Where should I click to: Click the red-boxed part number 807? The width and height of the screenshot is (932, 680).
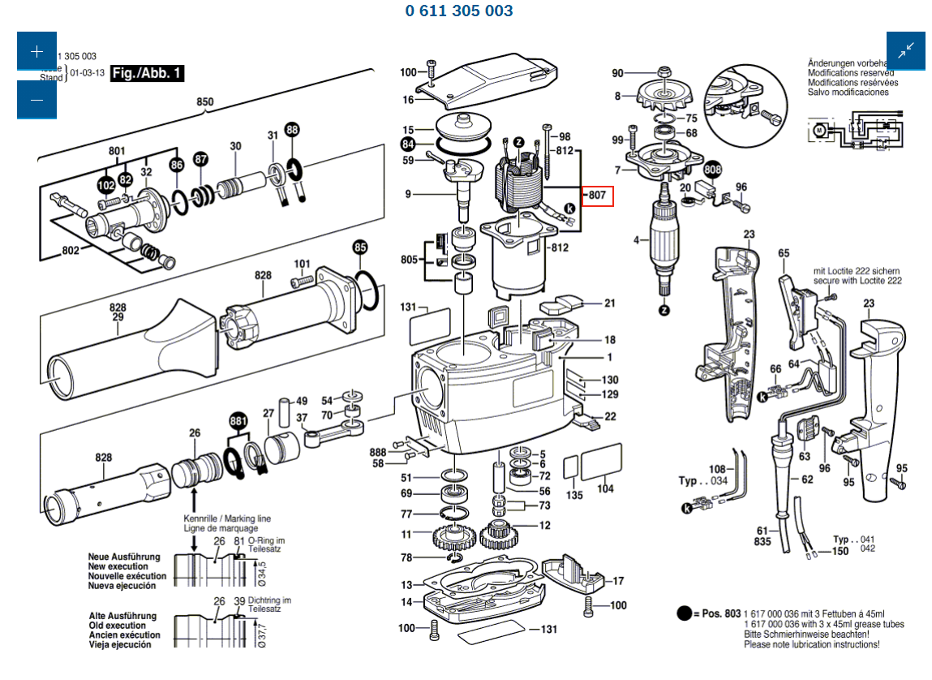597,196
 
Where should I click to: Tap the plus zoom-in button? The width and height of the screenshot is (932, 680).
37,51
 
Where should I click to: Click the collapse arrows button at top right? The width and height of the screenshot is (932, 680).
905,51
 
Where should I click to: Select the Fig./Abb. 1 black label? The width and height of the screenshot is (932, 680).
147,73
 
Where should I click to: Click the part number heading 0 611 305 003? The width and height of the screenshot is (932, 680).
459,11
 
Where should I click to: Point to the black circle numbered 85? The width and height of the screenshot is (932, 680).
360,247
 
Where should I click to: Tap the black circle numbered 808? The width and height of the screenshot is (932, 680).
712,170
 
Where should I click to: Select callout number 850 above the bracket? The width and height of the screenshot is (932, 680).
205,102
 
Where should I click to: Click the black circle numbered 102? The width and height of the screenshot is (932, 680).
106,184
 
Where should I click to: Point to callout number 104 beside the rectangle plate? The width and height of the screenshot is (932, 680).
605,488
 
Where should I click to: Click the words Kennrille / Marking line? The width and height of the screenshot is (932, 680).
227,519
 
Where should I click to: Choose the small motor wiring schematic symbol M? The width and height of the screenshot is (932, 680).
818,129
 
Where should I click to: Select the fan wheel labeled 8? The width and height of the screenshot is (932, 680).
662,97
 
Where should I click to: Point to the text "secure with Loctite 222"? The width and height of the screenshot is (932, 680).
857,281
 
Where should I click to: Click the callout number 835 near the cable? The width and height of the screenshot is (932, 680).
762,542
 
